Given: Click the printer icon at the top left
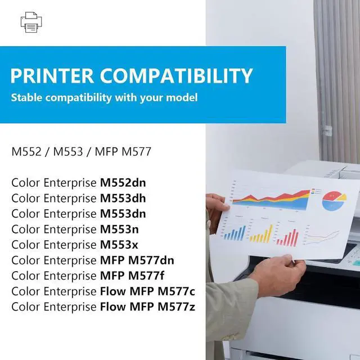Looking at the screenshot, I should (31, 22).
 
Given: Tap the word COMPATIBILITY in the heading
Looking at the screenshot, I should (186, 75).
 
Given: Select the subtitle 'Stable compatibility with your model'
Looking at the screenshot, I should (104, 98).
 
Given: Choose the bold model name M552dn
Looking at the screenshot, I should (127, 182).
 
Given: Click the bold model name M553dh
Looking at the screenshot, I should (127, 198).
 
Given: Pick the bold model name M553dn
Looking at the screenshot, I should (127, 214).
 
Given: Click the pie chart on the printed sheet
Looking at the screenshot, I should (335, 200).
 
